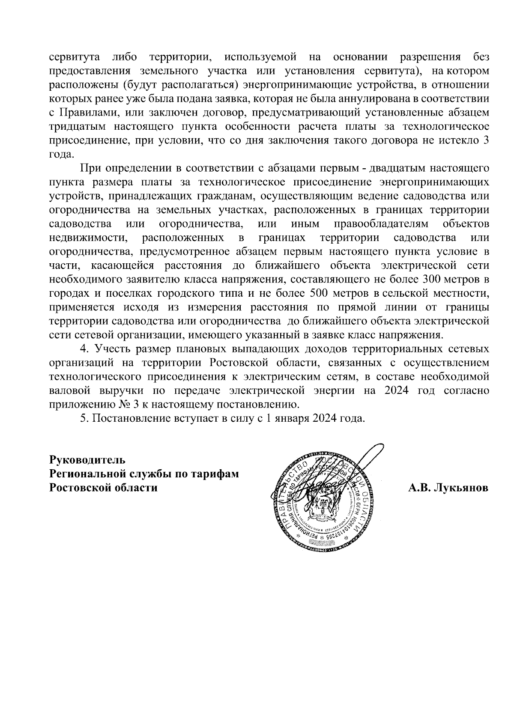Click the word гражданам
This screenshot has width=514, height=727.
point(225,196)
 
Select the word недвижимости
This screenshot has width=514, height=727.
point(87,238)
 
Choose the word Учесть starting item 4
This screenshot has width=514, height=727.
point(113,349)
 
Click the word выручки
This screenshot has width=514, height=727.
point(122,391)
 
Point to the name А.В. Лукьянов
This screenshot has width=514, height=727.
point(448,488)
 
